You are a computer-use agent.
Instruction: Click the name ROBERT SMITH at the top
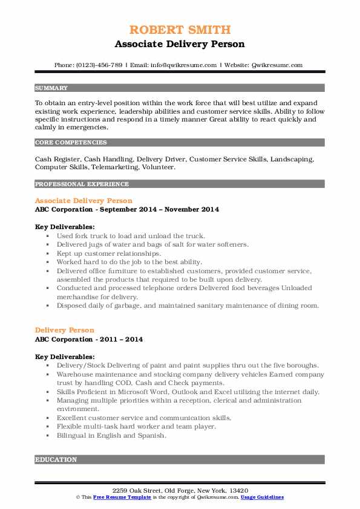pyautogui.click(x=180, y=30)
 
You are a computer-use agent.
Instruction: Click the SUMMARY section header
pyautogui.click(x=51, y=88)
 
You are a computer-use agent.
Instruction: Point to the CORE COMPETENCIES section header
pyautogui.click(x=71, y=143)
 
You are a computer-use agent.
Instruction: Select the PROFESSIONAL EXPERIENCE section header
pyautogui.click(x=82, y=184)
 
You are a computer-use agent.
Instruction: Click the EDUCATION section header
pyautogui.click(x=56, y=460)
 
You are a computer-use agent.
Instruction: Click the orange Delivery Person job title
pyautogui.click(x=65, y=330)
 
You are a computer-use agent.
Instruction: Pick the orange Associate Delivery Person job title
pyautogui.click(x=83, y=200)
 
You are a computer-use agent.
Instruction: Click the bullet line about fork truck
pyautogui.click(x=131, y=236)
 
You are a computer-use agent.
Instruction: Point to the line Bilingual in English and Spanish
pyautogui.click(x=111, y=435)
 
